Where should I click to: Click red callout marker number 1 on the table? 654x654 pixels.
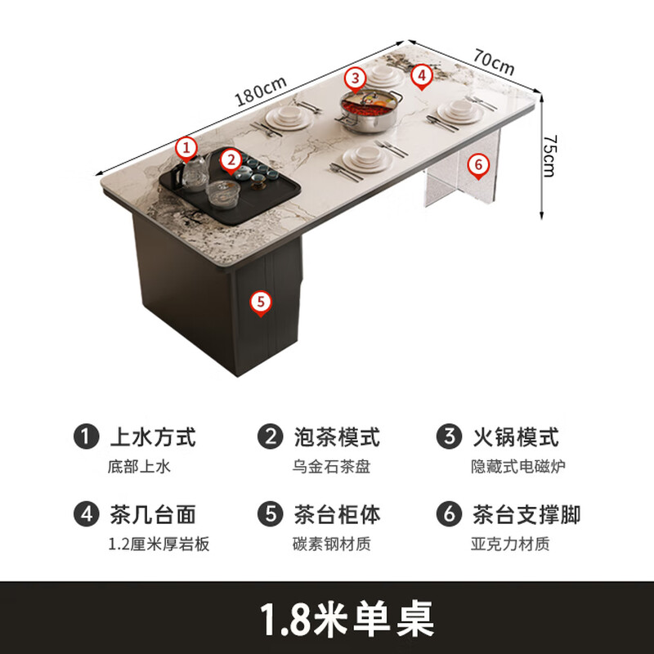point(188,148)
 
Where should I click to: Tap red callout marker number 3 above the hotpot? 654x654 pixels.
point(355,78)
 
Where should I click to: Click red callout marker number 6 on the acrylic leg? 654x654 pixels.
point(479,164)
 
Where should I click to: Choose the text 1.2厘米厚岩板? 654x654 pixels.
point(159,544)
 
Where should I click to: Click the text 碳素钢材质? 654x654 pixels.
point(332,544)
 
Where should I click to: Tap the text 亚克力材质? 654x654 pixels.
point(509,544)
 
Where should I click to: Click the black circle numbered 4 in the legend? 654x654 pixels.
point(86,514)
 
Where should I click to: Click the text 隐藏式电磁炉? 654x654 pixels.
point(518,466)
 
